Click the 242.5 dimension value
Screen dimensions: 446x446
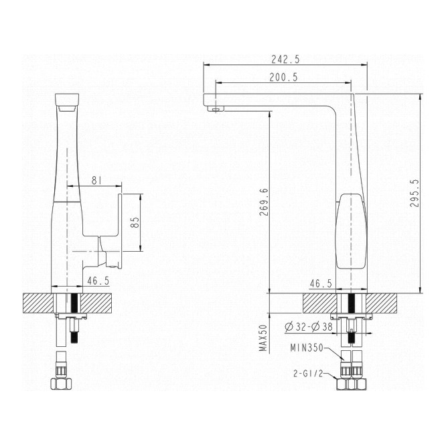coord(285,59)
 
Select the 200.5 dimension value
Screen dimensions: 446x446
coord(283,77)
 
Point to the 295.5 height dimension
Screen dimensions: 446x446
coord(415,193)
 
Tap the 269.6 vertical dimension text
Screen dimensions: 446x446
coord(264,202)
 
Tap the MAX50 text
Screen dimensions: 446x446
coord(263,338)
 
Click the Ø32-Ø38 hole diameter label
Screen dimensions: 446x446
coord(308,327)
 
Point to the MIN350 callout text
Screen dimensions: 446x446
coord(307,348)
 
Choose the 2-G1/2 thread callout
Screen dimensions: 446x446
coord(309,374)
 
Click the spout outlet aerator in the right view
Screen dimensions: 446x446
coord(216,108)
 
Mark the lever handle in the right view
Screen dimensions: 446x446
coord(352,231)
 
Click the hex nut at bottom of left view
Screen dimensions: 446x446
coord(61,384)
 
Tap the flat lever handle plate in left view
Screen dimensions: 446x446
coord(120,230)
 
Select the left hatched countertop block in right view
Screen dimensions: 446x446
coord(319,303)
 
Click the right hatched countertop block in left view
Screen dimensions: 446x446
coord(96,303)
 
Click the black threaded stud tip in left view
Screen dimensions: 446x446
coord(74,338)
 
